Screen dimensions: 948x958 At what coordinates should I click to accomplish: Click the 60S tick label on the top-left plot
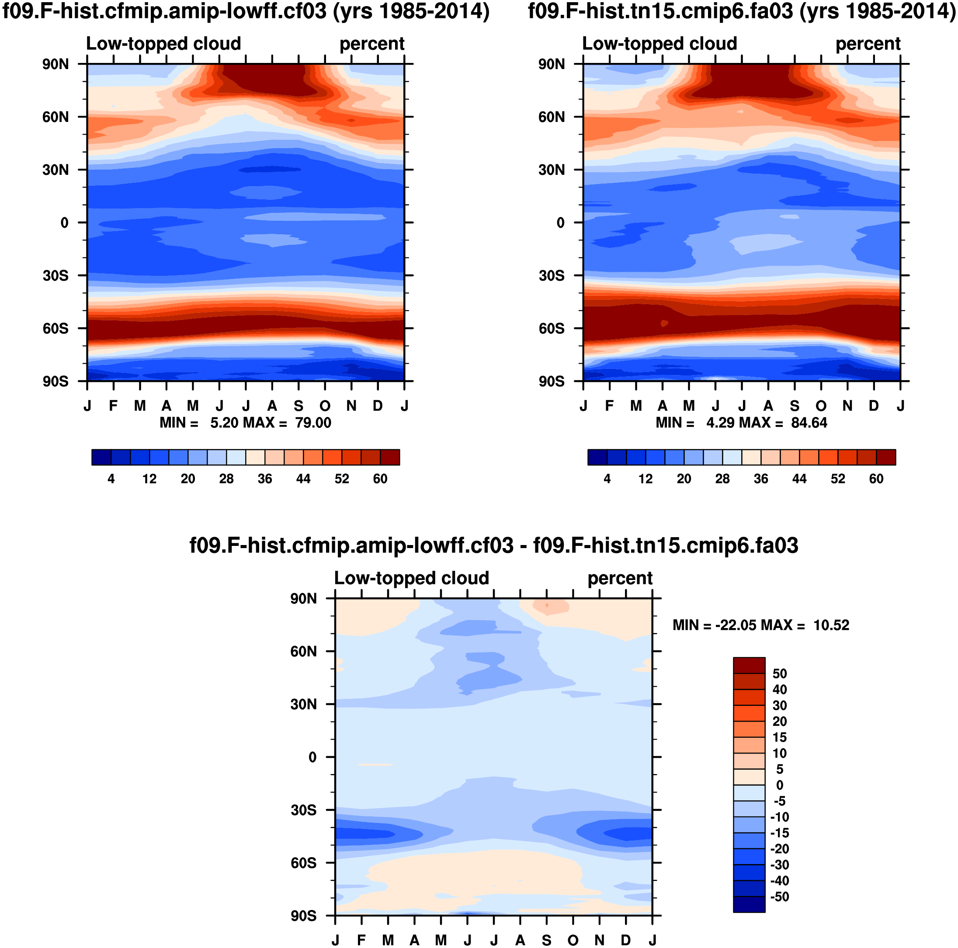55,328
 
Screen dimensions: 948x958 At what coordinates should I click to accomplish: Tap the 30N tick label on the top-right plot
551,170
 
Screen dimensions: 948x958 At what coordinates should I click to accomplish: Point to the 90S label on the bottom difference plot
303,916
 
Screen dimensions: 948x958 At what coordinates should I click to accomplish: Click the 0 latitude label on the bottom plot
312,757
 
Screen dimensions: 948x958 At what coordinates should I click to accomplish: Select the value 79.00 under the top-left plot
313,423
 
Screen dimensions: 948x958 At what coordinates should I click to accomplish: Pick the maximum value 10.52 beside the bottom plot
831,625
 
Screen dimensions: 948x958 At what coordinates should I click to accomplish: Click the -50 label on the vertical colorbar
780,896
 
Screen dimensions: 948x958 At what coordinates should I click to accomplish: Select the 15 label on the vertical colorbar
780,737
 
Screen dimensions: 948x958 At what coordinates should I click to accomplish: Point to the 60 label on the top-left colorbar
380,479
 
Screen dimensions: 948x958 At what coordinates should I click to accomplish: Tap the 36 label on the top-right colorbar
760,479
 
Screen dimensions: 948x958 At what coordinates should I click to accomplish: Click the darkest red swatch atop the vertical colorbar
749,665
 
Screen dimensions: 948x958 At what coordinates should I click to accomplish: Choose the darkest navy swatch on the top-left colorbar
101,457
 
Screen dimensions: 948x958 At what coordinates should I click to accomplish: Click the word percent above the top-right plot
868,44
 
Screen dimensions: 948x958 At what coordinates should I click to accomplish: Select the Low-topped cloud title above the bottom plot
412,578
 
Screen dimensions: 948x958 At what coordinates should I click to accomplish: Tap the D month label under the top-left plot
378,406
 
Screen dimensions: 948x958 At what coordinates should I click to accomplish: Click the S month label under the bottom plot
546,941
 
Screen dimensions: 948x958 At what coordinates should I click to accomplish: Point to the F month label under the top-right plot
609,406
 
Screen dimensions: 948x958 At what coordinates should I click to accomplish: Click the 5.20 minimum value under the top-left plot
225,423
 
